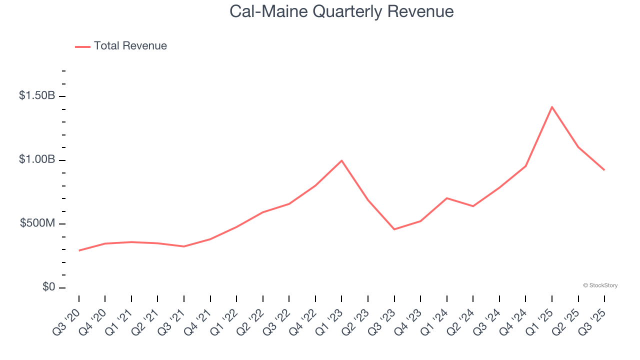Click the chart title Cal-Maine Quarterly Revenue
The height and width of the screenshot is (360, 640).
341,11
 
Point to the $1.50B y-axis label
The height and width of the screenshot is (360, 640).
37,95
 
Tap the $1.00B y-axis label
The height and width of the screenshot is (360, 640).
37,159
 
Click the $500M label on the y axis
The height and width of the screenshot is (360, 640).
37,223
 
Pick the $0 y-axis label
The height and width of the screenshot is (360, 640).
48,287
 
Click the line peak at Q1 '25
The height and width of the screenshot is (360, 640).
552,107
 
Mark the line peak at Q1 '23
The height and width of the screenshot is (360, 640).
341,160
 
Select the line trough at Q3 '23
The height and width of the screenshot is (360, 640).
394,229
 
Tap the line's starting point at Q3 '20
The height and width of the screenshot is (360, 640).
79,250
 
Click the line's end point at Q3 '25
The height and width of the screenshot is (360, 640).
604,170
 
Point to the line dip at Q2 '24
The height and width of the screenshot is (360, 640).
473,206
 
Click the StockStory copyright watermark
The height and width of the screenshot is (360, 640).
600,285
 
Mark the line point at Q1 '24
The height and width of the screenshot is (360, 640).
446,198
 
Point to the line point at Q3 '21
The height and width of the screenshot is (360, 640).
184,246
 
